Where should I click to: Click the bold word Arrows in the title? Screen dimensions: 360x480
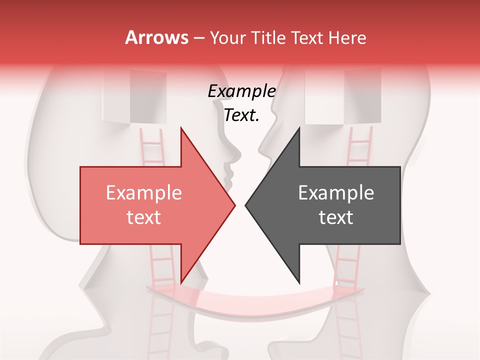pos(156,37)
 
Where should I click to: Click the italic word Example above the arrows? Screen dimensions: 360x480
pos(241,91)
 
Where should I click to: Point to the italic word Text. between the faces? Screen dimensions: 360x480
pos(241,115)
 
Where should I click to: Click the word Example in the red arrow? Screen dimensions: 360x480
pos(144,193)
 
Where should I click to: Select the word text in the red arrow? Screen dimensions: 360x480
pos(144,217)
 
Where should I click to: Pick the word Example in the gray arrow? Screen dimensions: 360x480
pos(336,193)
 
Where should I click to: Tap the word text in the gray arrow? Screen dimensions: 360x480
pos(336,217)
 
